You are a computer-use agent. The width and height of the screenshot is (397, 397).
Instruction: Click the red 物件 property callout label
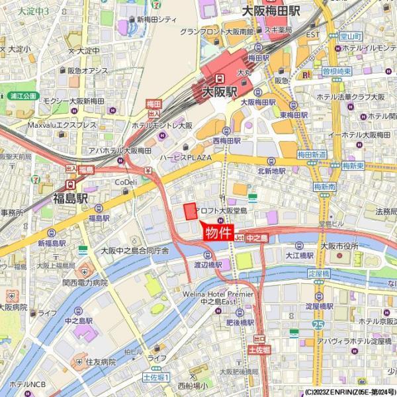218,232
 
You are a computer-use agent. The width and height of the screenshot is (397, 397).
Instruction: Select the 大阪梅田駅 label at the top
272,11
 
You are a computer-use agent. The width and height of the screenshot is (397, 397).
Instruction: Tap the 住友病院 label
101,362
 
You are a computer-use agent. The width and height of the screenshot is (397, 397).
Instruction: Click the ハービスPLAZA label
185,157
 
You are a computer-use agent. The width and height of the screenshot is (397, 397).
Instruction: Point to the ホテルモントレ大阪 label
162,125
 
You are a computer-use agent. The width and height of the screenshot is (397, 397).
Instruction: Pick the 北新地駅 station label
271,170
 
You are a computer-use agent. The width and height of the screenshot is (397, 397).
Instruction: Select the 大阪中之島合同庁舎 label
134,251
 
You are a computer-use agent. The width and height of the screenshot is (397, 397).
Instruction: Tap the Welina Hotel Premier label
219,294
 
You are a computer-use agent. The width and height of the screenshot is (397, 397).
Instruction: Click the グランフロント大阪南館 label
217,31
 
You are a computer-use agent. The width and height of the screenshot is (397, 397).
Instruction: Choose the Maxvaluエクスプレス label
62,125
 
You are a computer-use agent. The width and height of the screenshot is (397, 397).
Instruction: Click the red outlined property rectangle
190,211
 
